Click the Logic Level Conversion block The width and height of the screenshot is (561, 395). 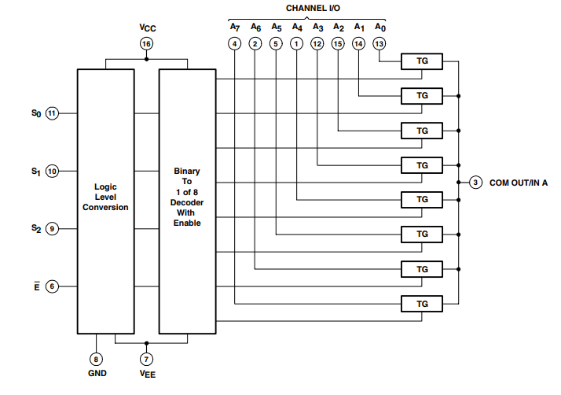(106, 201)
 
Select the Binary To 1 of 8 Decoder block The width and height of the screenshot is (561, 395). (187, 201)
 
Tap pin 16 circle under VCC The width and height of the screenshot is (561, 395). (146, 44)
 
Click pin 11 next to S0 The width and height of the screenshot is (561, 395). (52, 113)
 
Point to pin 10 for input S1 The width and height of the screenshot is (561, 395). (52, 171)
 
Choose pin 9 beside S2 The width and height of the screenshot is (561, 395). (52, 229)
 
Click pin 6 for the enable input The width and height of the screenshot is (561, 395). (52, 286)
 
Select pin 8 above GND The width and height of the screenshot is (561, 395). (97, 359)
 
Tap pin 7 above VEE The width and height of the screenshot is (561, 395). (147, 359)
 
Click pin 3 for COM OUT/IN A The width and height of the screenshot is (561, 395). (475, 183)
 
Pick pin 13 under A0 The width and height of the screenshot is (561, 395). (379, 44)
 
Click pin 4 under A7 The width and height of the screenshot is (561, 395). (235, 44)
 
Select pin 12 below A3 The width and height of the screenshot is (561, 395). (317, 44)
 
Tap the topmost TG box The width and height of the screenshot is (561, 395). (422, 61)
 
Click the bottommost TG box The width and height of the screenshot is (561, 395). (422, 303)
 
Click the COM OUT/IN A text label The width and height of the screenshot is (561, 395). (519, 183)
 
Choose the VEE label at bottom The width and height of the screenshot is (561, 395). (147, 375)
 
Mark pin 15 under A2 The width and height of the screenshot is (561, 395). (338, 44)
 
